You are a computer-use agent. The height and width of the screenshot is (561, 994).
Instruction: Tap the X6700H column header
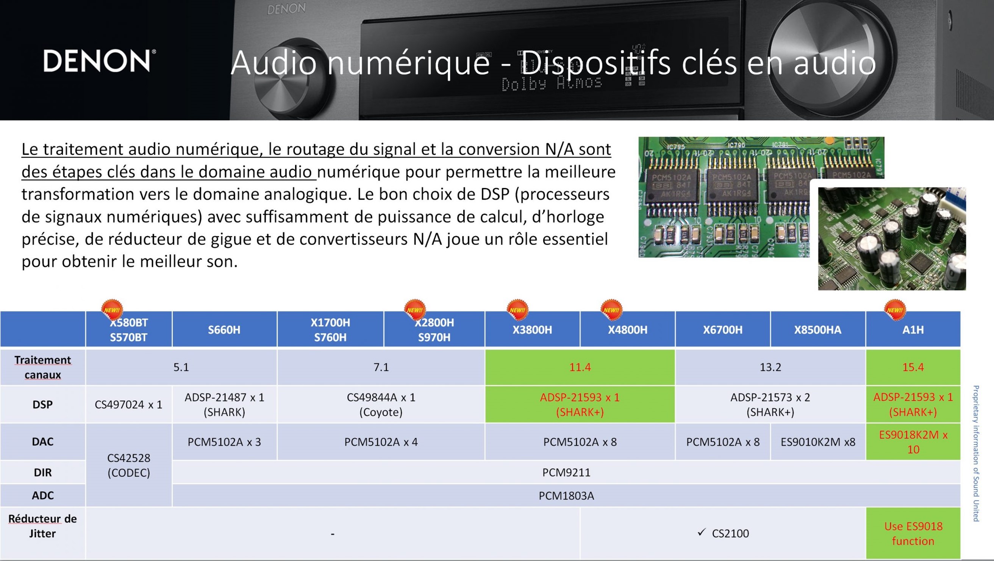coord(723,329)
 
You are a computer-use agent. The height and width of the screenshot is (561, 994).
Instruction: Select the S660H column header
coord(224,329)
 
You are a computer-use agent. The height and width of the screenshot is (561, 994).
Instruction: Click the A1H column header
coord(913,329)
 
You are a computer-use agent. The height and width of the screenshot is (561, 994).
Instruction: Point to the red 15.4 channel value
coord(913,367)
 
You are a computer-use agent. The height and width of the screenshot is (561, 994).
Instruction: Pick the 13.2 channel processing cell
coord(770,367)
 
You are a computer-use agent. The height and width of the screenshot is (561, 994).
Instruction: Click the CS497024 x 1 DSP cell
coord(128,404)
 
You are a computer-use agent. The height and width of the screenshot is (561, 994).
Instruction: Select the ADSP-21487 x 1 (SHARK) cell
coord(224,404)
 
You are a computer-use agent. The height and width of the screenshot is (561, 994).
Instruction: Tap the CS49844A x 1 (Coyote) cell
coord(381,404)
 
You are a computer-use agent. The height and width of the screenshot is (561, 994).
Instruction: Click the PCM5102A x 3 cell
coord(224,442)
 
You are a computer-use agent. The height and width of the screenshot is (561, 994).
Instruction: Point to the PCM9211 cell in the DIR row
coord(566,472)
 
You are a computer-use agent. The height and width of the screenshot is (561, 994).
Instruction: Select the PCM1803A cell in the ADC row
coord(566,495)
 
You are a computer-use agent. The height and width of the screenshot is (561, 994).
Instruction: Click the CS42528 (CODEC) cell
coord(128,465)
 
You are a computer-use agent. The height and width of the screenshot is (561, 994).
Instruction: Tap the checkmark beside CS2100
coord(702,533)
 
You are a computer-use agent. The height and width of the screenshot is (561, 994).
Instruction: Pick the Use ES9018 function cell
coord(913,533)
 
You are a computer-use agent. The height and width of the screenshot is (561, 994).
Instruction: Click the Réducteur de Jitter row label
coord(42,526)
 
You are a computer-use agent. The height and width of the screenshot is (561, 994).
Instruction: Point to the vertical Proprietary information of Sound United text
coord(976,453)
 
